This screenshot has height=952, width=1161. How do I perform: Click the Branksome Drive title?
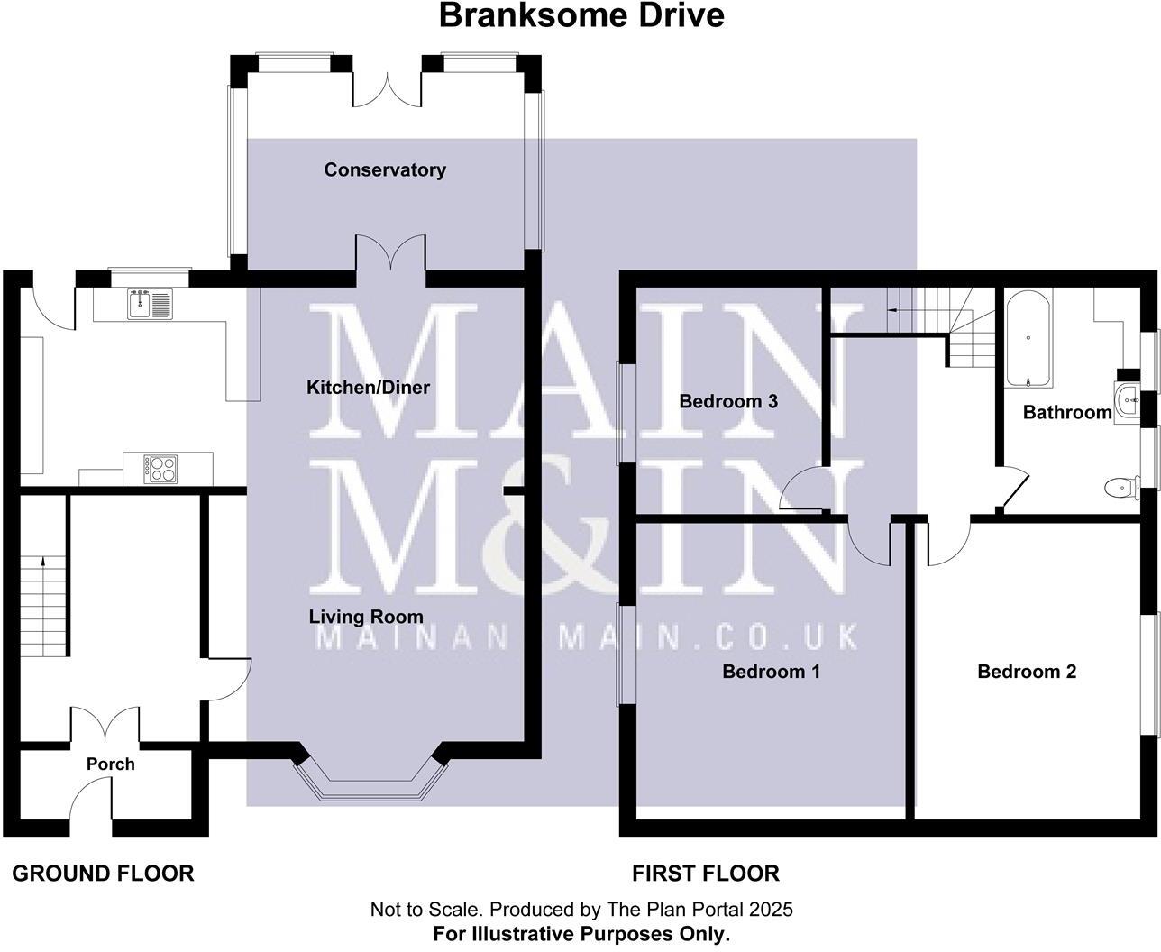(x=581, y=15)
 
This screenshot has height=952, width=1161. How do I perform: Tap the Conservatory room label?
(x=385, y=169)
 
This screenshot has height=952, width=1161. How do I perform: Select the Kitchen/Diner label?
(x=368, y=388)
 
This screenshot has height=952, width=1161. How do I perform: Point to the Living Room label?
(x=366, y=618)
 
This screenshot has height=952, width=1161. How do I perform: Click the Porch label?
(x=111, y=764)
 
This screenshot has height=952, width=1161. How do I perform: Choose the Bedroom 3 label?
(x=728, y=401)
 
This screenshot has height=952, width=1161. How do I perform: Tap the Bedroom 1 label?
(x=771, y=672)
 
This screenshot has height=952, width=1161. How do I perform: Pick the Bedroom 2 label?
(x=1027, y=672)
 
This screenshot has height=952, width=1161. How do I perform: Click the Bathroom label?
(x=1067, y=413)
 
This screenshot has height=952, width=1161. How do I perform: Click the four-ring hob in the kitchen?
(x=161, y=468)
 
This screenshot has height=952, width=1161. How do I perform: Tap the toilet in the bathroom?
(x=1120, y=488)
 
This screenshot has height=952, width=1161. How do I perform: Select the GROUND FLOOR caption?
(x=103, y=874)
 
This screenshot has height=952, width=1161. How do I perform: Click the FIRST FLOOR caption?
(x=705, y=874)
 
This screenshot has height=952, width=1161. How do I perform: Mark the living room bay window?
(x=369, y=782)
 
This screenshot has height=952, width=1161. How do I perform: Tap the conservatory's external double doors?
(x=388, y=87)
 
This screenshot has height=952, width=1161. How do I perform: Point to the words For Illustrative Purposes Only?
(x=581, y=934)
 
